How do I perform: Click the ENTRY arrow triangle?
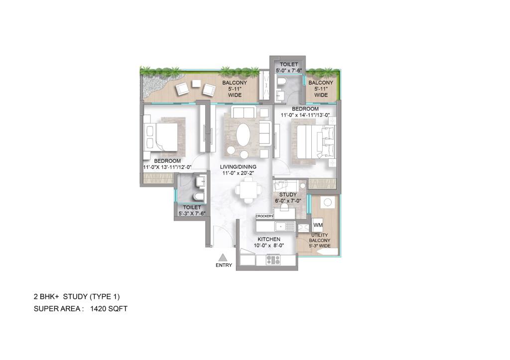pyautogui.click(x=224, y=257)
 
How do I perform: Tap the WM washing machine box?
pyautogui.click(x=318, y=225)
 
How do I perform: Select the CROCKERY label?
pyautogui.click(x=264, y=216)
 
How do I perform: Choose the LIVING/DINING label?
pyautogui.click(x=239, y=170)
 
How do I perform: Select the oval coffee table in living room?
pyautogui.click(x=244, y=134)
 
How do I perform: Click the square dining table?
pyautogui.click(x=248, y=189)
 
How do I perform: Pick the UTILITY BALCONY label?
pyautogui.click(x=319, y=240)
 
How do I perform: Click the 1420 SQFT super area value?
pyautogui.click(x=109, y=309)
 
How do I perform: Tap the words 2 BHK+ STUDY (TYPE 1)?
pyautogui.click(x=76, y=297)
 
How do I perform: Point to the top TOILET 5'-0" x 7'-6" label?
pyautogui.click(x=289, y=68)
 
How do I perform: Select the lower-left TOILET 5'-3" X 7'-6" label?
pyautogui.click(x=192, y=210)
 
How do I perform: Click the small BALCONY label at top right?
pyautogui.click(x=321, y=89)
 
